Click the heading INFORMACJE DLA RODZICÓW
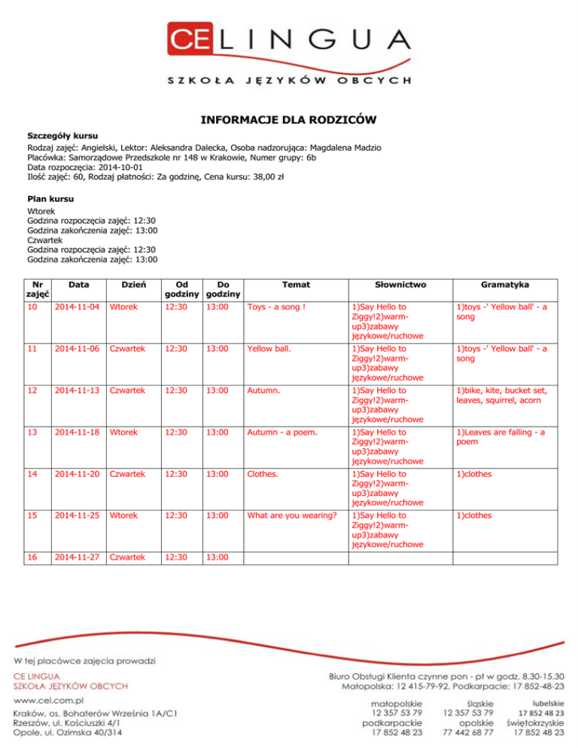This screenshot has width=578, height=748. pos(288,120)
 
